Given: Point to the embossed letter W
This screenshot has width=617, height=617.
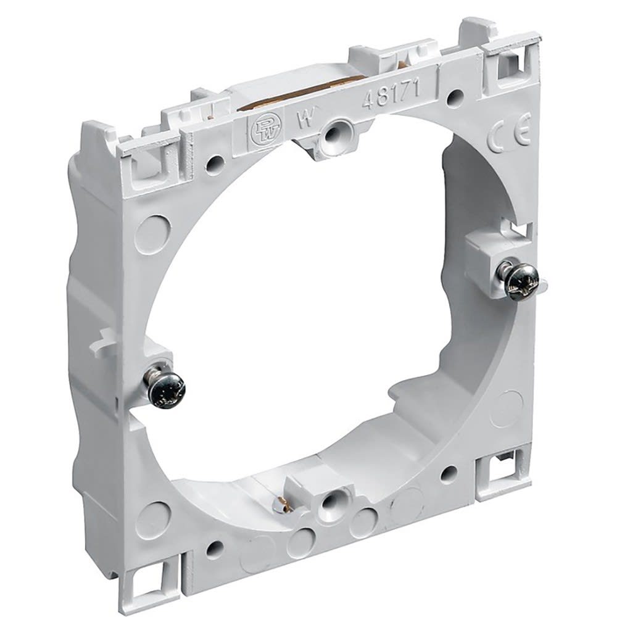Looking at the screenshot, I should tap(303, 119).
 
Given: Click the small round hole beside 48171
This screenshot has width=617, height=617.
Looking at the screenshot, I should tap(456, 96).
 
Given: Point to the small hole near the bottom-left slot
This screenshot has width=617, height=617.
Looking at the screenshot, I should tap(214, 549).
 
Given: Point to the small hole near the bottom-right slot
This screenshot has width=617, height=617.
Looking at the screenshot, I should tap(449, 474).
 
